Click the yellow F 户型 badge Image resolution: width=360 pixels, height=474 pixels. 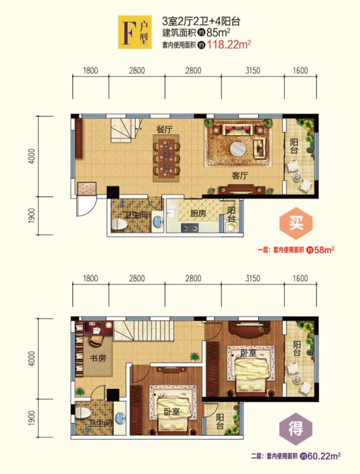(x=134, y=32)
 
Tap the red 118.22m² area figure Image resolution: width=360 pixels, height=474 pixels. (x=229, y=45)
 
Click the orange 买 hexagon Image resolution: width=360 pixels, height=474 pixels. (x=296, y=223)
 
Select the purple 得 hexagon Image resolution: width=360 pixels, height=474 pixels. (x=295, y=428)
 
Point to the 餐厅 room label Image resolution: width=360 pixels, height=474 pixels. (x=165, y=129)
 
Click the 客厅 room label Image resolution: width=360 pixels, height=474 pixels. (x=240, y=175)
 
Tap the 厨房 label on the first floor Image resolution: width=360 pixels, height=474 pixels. (x=198, y=213)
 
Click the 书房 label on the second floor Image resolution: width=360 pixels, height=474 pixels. (x=98, y=358)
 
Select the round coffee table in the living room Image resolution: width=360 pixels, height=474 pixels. (x=238, y=149)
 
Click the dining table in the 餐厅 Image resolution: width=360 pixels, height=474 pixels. (x=166, y=158)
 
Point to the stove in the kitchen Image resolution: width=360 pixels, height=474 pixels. (x=189, y=228)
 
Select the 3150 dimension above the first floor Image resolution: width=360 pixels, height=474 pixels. (x=253, y=71)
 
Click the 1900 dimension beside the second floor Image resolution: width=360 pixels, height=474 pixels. (x=32, y=418)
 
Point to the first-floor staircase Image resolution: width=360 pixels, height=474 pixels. (x=126, y=130)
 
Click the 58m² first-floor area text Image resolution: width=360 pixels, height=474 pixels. (x=324, y=250)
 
